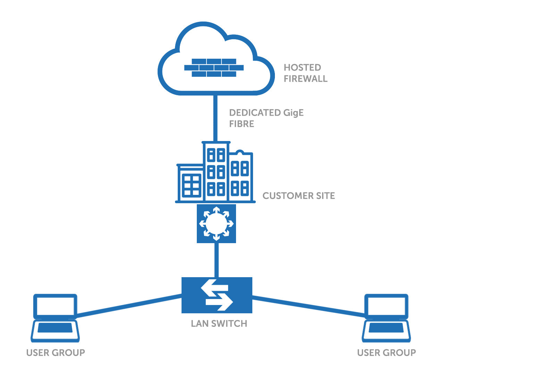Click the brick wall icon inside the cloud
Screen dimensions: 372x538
tap(214, 67)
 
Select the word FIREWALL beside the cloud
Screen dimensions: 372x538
tap(305, 79)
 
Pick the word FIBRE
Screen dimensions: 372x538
tap(242, 124)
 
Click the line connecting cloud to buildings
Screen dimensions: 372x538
tap(215, 118)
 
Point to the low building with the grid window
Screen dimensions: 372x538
tap(190, 184)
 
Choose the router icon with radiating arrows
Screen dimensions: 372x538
tap(216, 224)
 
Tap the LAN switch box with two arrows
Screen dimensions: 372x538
tap(217, 295)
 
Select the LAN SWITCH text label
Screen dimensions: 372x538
tap(219, 324)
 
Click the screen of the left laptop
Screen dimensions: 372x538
tap(55, 306)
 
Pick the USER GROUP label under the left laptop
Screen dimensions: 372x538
tap(56, 353)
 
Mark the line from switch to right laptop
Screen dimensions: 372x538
tap(309, 306)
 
